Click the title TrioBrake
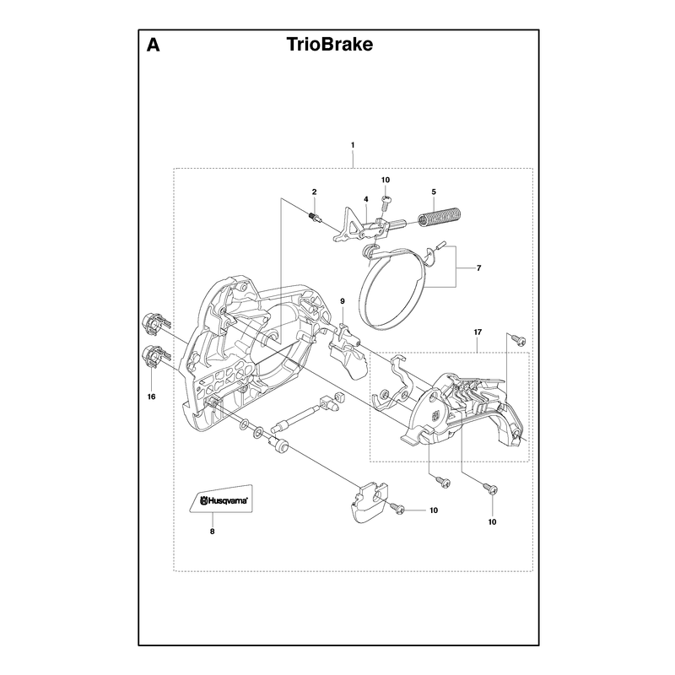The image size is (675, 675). point(330,45)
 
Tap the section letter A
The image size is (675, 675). point(154,45)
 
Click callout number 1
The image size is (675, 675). point(353,145)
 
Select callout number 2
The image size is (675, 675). point(314,192)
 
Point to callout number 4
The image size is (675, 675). point(366,199)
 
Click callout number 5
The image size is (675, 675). point(434,192)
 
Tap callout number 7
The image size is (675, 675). point(478,268)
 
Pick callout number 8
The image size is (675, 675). point(213,532)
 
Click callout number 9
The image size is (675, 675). point(343,301)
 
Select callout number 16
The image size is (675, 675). point(151,397)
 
